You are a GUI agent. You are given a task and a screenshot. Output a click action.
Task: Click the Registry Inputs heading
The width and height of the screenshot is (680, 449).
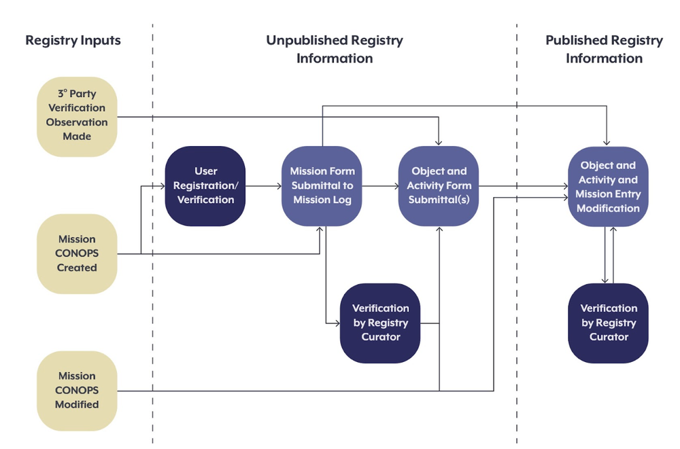click(73, 40)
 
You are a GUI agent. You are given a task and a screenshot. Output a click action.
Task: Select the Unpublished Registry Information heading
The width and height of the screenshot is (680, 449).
click(335, 49)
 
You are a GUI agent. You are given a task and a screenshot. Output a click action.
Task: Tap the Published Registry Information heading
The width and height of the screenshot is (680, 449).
click(604, 49)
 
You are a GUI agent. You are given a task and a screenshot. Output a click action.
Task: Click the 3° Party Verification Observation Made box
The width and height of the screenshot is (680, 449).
click(77, 115)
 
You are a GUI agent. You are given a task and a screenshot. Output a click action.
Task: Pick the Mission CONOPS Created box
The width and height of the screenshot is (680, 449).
click(77, 253)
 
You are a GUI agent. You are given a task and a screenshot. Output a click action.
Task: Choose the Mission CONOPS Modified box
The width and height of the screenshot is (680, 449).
click(77, 390)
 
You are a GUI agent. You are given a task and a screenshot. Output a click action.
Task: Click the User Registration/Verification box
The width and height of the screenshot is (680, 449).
click(205, 185)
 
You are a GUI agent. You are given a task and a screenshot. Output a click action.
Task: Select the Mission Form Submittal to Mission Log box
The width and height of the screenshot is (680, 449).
click(322, 185)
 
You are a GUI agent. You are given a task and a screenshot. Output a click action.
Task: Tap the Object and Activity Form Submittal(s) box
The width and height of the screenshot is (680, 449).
click(439, 185)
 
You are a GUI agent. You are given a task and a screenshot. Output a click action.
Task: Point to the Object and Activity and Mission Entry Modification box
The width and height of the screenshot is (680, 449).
click(608, 186)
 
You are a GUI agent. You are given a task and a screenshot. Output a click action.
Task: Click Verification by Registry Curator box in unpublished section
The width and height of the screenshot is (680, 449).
click(380, 323)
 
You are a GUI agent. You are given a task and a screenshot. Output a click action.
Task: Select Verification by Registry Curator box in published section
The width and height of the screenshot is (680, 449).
click(608, 323)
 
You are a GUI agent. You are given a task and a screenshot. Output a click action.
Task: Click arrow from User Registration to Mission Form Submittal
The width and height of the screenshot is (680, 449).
click(263, 185)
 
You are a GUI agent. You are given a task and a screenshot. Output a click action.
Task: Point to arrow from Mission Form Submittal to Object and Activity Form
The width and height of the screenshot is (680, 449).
click(379, 185)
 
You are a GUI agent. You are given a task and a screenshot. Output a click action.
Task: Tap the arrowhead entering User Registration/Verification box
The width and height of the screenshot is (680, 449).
click(162, 185)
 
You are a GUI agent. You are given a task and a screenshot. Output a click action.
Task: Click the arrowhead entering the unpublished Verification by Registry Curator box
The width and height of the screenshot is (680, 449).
click(337, 323)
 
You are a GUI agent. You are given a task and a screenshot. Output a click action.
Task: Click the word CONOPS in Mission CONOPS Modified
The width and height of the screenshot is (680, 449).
click(77, 390)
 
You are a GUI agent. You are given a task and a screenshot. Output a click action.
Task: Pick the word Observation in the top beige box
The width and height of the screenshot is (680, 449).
click(77, 122)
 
